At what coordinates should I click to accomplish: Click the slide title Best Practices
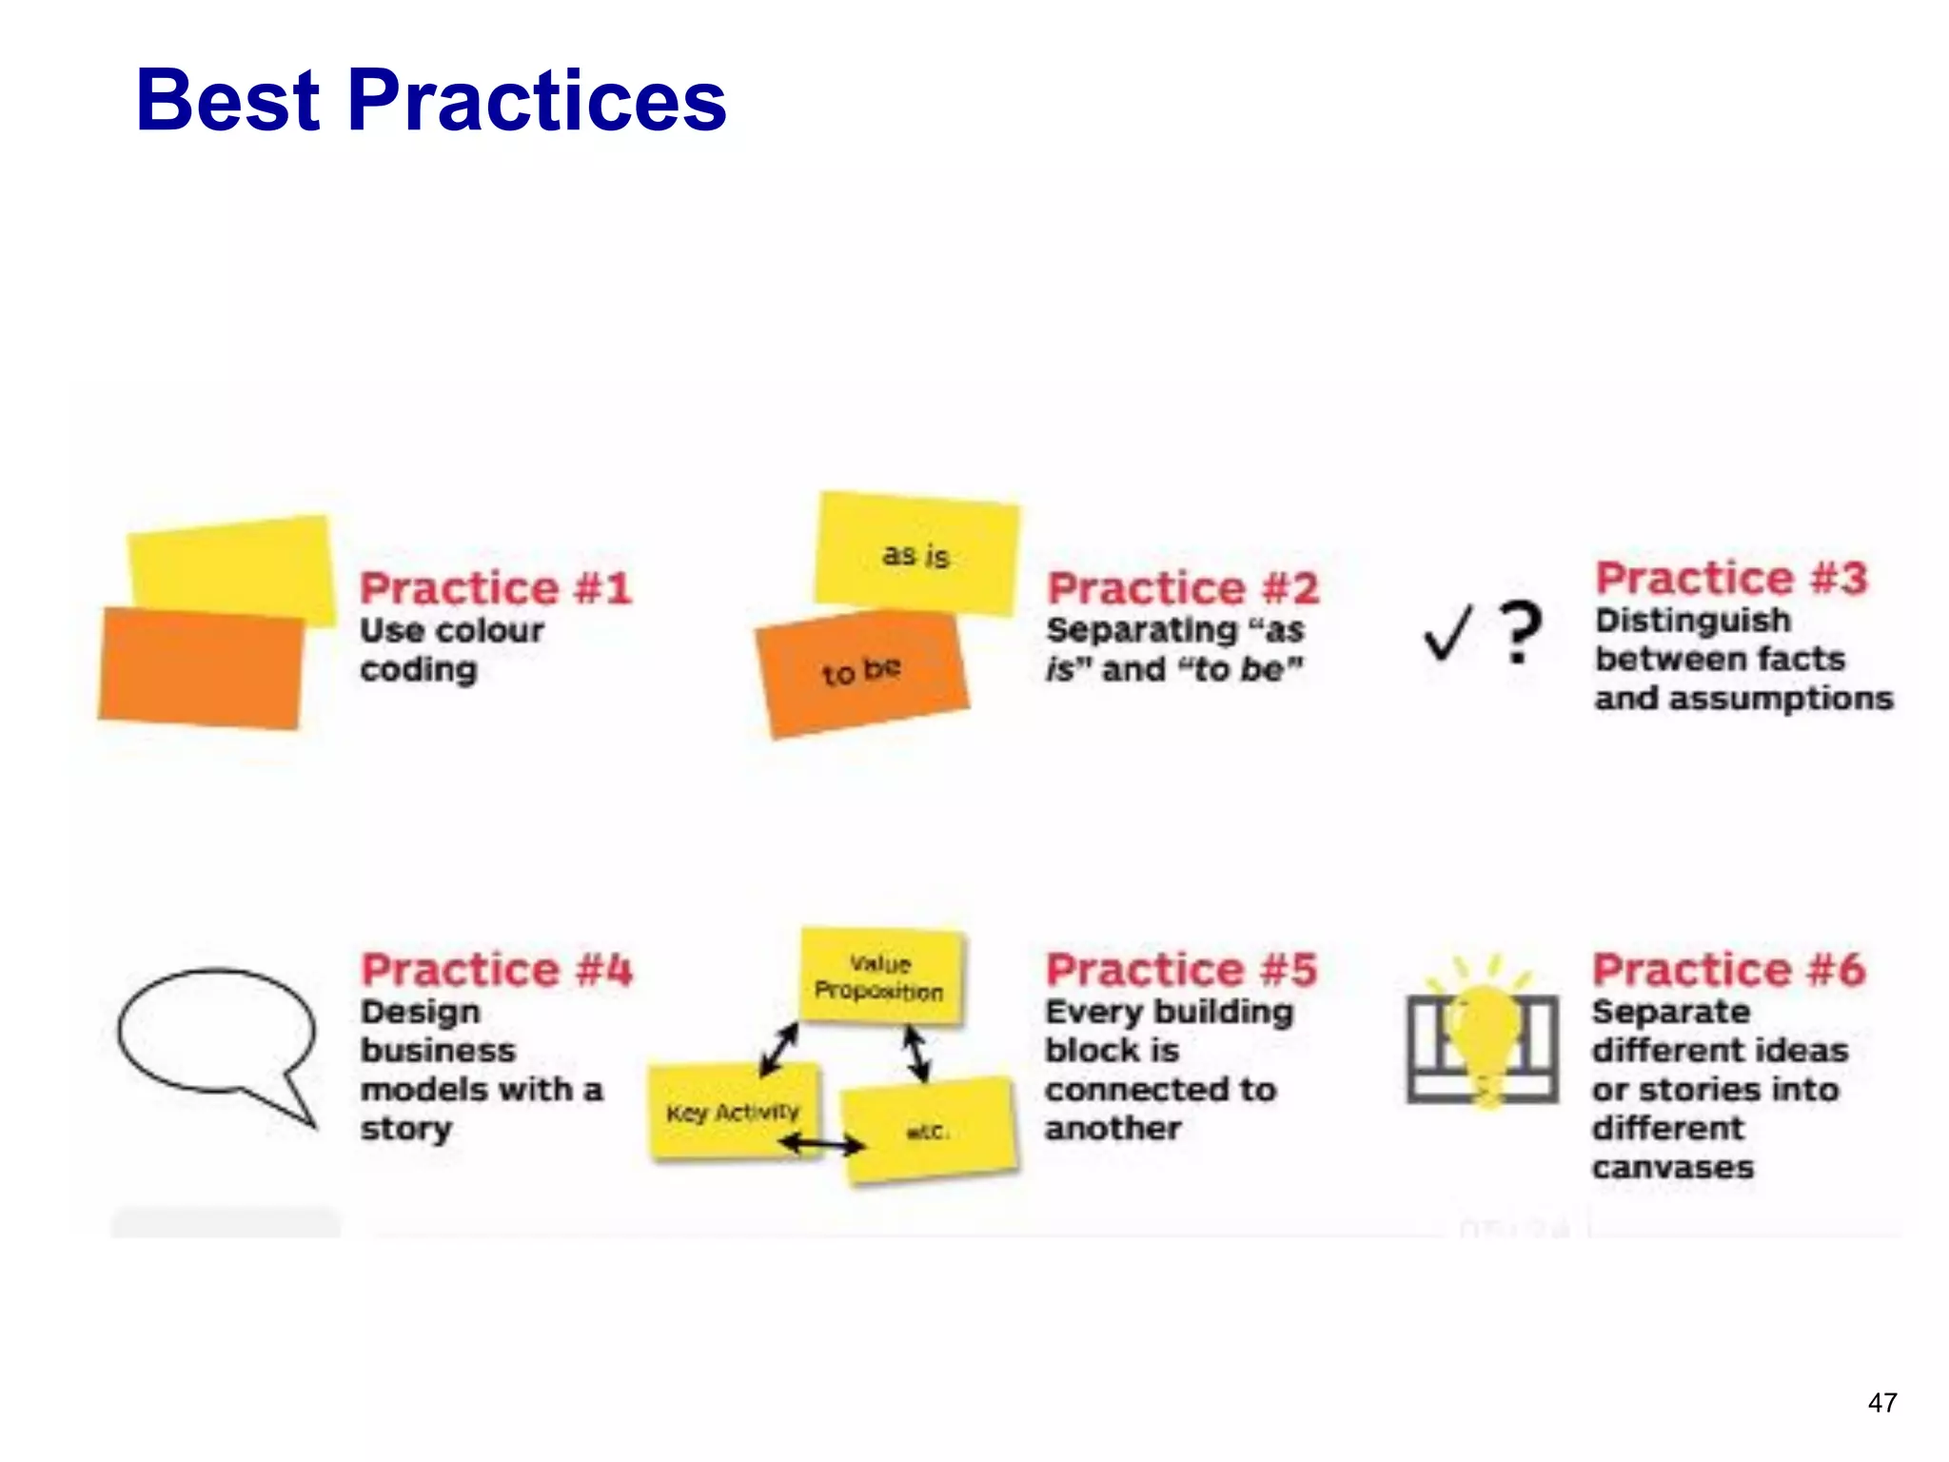click(431, 100)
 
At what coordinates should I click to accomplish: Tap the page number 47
click(1881, 1403)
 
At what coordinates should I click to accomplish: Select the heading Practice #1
click(496, 588)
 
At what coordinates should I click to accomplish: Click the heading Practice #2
click(1183, 588)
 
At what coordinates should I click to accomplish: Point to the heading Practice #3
click(1731, 578)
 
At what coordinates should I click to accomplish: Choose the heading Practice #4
click(496, 970)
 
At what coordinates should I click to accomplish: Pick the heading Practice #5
click(1181, 970)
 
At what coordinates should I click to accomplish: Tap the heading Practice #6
click(1729, 970)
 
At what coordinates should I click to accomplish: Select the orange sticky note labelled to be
click(860, 672)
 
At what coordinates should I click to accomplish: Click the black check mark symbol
click(1447, 633)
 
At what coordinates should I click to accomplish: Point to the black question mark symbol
click(1520, 631)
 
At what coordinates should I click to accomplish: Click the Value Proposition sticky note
click(880, 978)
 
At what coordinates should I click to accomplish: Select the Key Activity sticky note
click(732, 1112)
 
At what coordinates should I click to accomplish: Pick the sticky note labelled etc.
click(928, 1131)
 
